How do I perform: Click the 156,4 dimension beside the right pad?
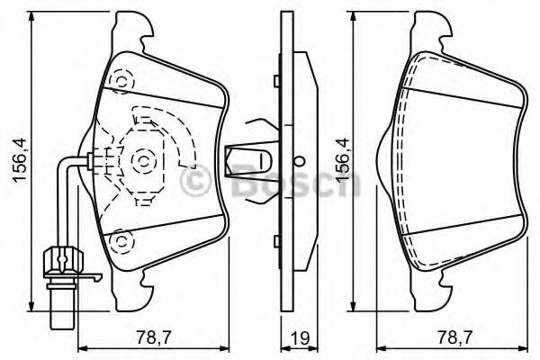[341, 160]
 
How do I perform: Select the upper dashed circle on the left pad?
[119, 81]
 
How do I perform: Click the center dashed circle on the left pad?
[143, 162]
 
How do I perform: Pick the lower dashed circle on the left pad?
[119, 240]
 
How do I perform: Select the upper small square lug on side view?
[274, 81]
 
